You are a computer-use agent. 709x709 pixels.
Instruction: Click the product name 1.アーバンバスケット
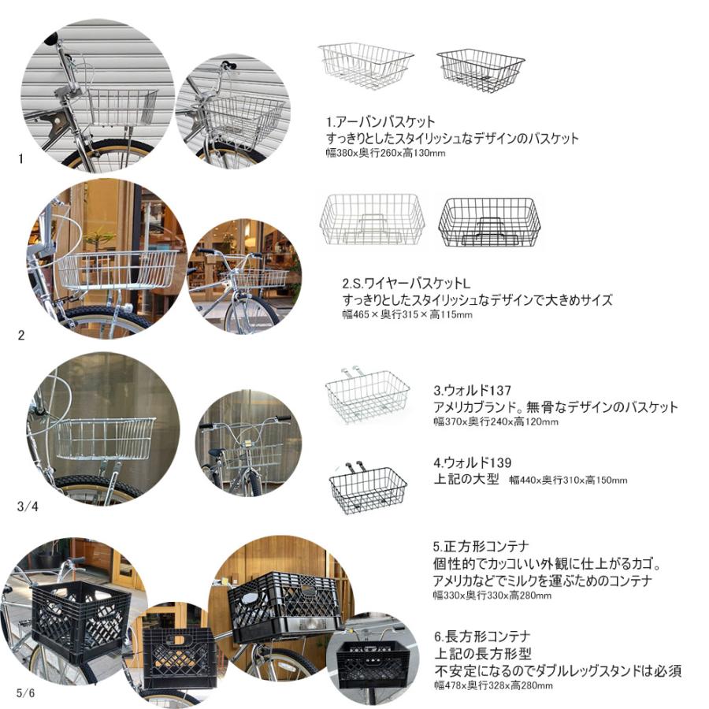coord(380,122)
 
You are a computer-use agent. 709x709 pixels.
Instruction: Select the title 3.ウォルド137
coord(473,390)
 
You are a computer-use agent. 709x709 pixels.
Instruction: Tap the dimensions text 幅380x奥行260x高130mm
coord(386,153)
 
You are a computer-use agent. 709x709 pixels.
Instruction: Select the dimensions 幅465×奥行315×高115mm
coord(407,314)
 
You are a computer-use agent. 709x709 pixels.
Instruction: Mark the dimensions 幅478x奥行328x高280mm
coord(492,685)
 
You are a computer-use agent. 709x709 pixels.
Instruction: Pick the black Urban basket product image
coord(481,70)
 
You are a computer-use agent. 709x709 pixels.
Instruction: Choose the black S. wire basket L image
coord(489,222)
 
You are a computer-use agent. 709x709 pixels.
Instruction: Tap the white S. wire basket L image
coord(372,220)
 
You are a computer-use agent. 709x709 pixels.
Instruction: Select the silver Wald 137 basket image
coord(367,395)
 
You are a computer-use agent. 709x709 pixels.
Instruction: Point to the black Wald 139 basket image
coord(368,488)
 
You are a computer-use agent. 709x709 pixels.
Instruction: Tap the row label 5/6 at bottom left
coord(26,692)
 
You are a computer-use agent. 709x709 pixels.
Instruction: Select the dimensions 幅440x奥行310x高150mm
coord(568,480)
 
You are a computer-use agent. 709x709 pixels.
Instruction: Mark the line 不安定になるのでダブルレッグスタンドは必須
coord(557,671)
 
